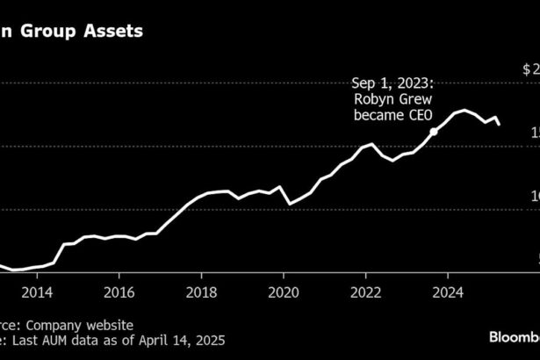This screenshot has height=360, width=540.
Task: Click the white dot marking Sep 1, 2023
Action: [x=434, y=132]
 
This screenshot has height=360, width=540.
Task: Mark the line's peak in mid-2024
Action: [x=464, y=111]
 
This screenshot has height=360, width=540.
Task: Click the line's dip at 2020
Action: [x=291, y=204]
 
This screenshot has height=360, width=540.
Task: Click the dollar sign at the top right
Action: [x=527, y=68]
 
